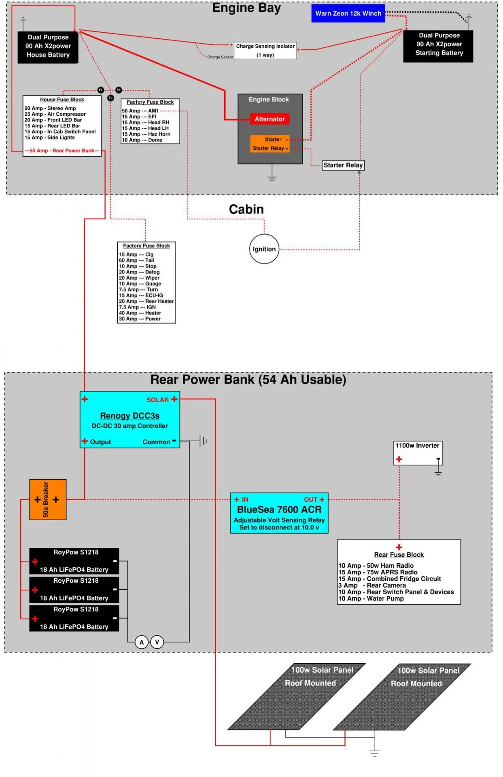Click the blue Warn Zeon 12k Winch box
click(x=348, y=13)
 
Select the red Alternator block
click(x=270, y=119)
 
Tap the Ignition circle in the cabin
click(x=264, y=249)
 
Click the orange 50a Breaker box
click(x=48, y=499)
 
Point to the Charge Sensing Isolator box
click(x=265, y=51)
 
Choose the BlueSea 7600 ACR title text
click(x=279, y=510)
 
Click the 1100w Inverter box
click(x=418, y=453)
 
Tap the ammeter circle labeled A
click(x=142, y=642)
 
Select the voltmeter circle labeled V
click(x=157, y=642)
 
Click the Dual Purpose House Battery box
click(x=48, y=46)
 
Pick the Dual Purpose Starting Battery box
click(x=439, y=45)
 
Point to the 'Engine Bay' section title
click(x=246, y=8)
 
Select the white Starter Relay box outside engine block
click(x=343, y=165)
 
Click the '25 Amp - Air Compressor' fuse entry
click(x=55, y=114)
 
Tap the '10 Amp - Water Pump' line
click(x=371, y=599)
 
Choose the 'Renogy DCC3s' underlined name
click(x=129, y=416)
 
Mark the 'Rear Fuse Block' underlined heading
click(x=399, y=554)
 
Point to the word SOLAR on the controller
click(x=157, y=400)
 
